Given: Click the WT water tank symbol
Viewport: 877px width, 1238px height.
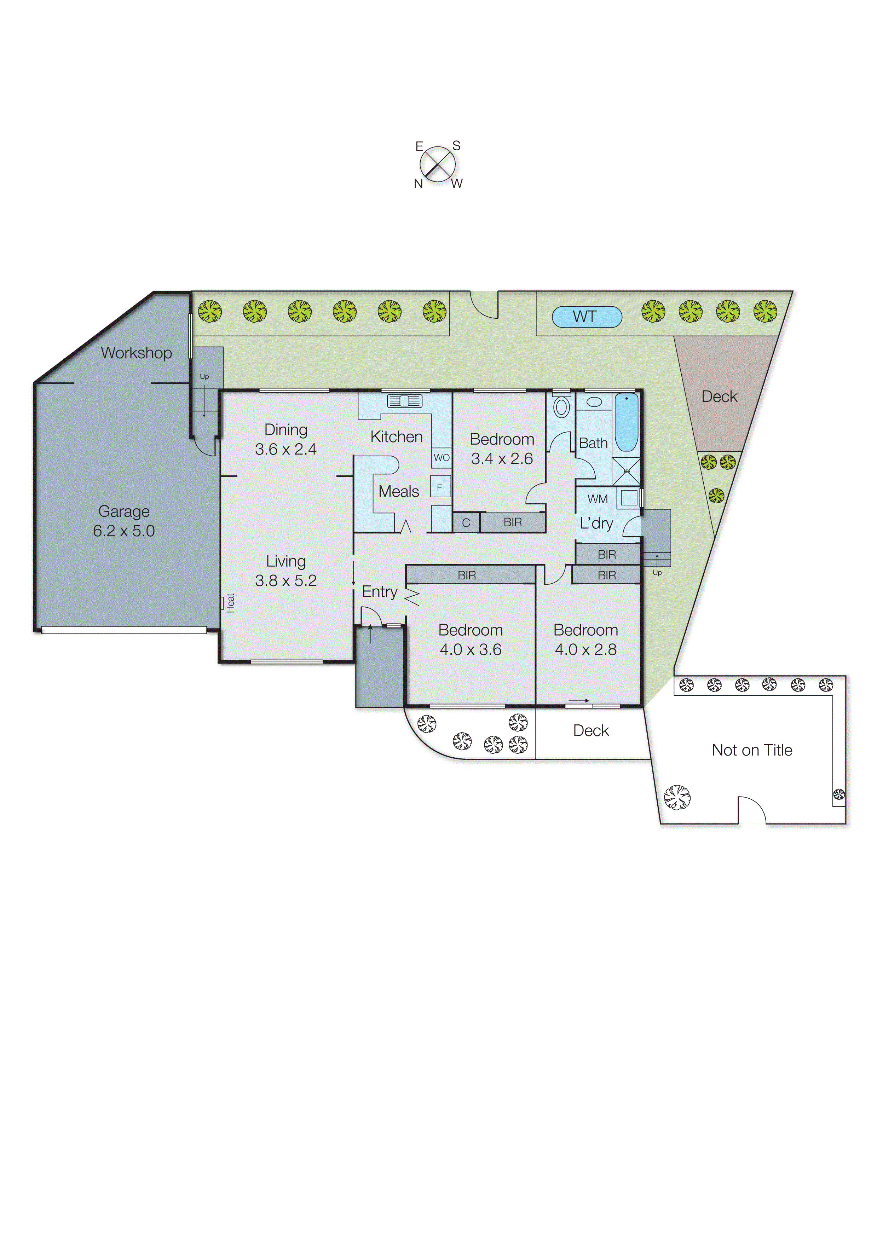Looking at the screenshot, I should click(587, 317).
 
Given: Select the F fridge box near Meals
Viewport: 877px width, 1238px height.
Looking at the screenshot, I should click(440, 487).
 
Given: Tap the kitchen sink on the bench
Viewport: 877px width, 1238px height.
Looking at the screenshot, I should click(404, 401).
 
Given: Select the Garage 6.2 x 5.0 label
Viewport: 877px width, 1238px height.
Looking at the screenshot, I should click(124, 521).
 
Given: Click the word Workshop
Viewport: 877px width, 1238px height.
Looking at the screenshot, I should click(136, 353).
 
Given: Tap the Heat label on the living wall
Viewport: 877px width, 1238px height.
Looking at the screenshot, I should click(231, 603).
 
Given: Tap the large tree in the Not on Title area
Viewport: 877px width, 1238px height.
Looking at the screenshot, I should click(677, 797).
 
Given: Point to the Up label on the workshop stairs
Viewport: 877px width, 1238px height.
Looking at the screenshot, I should click(204, 376).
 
